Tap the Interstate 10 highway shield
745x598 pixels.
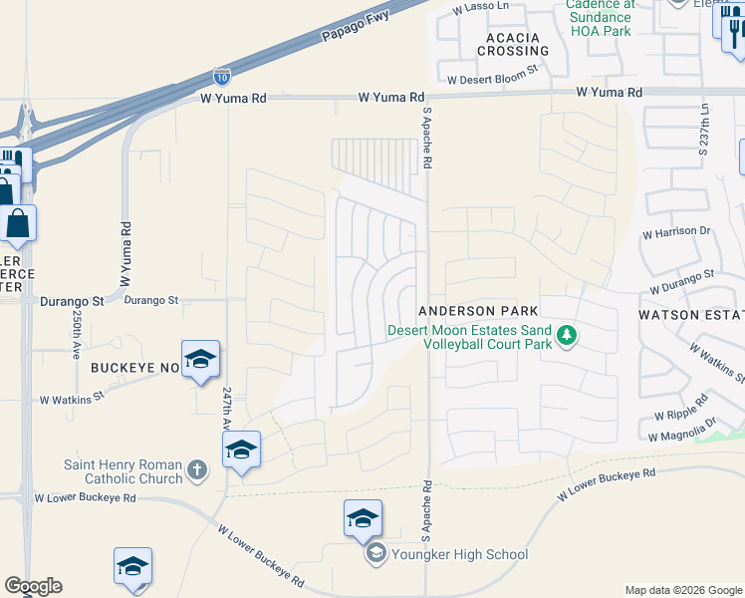pyautogui.click(x=221, y=76)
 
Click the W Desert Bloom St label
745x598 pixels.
pyautogui.click(x=492, y=78)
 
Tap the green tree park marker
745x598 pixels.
pyautogui.click(x=568, y=335)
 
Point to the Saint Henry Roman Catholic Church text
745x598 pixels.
pyautogui.click(x=123, y=471)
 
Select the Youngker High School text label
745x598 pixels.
pyautogui.click(x=459, y=554)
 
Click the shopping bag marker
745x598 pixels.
pyautogui.click(x=18, y=223)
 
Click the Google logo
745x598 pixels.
pyautogui.click(x=33, y=586)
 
